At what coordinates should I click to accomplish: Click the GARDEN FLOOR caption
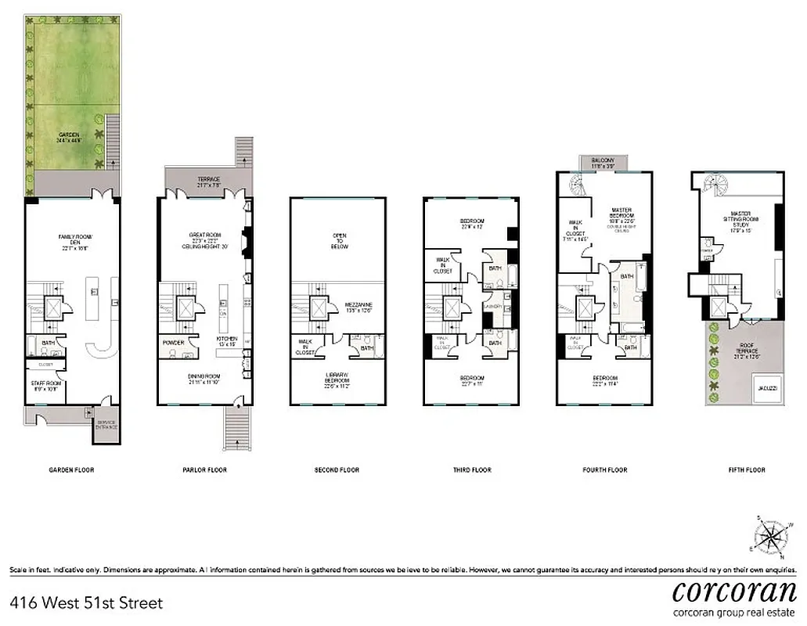point(70,469)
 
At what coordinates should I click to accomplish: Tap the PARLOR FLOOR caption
point(204,469)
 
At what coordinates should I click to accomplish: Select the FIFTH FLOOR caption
point(739,469)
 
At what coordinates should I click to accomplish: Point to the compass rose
point(770,537)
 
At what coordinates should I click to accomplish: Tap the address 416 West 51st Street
point(86,603)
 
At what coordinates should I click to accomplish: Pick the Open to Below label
point(339,241)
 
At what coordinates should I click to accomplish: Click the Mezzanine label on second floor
point(358,308)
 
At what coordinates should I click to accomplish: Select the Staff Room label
point(45,385)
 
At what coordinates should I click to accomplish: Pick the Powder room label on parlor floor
point(173,343)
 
